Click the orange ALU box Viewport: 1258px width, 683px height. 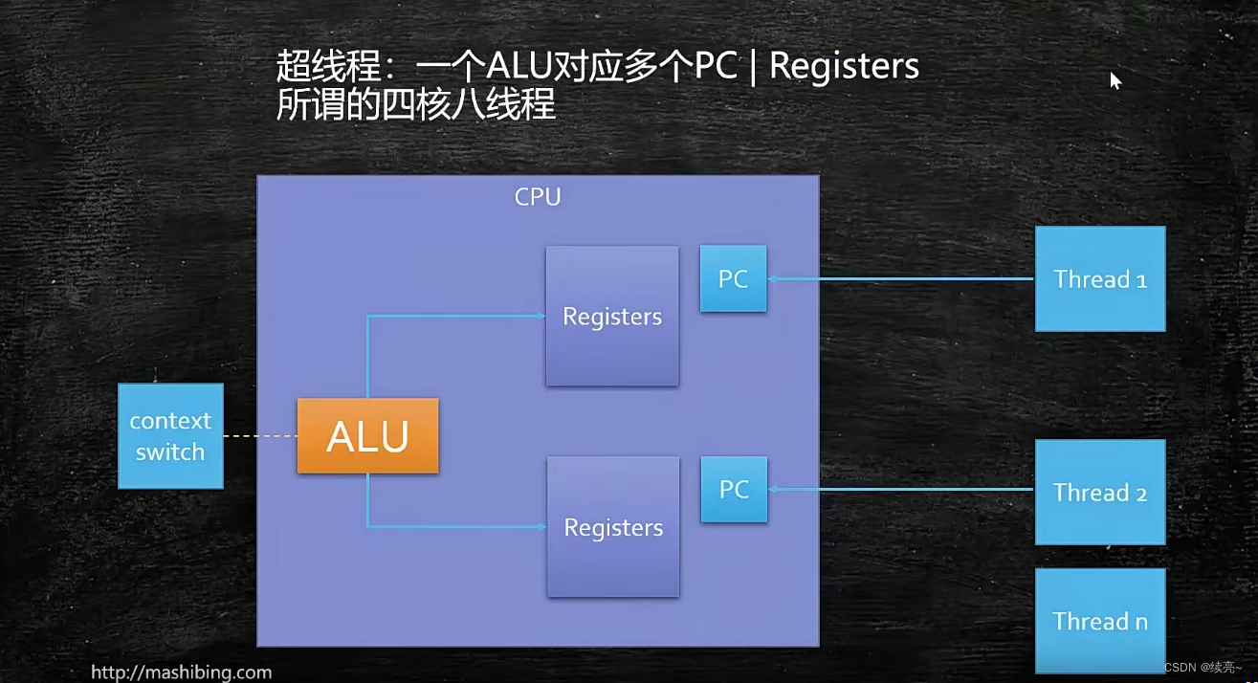click(367, 436)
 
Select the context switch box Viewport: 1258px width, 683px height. click(170, 436)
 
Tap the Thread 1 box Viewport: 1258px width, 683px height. click(1100, 279)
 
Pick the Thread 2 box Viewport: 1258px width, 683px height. click(1100, 493)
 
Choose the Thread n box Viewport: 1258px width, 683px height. click(1100, 621)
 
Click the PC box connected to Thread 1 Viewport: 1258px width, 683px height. click(733, 278)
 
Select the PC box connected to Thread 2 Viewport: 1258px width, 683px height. click(734, 489)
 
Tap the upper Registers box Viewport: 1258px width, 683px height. click(612, 317)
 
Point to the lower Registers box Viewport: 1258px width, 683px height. click(613, 527)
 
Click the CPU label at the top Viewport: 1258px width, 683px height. click(538, 197)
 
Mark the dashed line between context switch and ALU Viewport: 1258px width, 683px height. click(260, 437)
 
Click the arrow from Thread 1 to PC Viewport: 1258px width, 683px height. click(899, 279)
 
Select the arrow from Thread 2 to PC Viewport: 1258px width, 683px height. click(899, 490)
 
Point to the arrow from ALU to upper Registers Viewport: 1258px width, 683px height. click(450, 317)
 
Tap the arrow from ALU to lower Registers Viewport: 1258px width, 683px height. click(450, 526)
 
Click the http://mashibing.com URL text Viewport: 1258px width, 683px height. click(181, 672)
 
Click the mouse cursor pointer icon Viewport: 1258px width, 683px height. click(1115, 81)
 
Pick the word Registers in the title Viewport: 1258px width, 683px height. click(844, 67)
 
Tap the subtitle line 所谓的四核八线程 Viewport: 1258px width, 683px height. click(416, 103)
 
